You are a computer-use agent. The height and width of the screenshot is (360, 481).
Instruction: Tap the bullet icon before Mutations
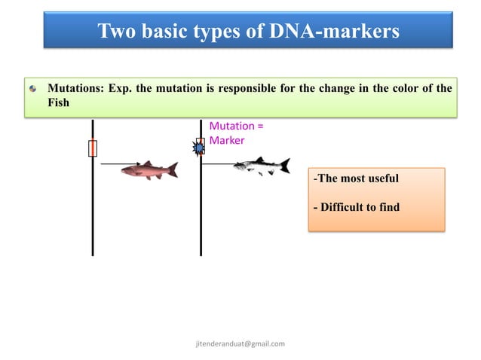click(32, 89)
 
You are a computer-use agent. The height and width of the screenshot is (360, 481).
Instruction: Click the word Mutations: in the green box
click(75, 88)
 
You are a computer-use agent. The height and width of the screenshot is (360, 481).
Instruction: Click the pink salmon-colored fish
click(148, 170)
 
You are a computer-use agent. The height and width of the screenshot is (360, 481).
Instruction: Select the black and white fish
click(260, 166)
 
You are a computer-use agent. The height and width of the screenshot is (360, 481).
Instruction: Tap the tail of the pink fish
click(173, 170)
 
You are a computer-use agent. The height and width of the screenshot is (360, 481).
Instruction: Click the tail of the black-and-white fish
click(285, 165)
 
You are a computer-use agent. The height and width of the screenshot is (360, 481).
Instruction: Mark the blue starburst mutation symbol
click(199, 148)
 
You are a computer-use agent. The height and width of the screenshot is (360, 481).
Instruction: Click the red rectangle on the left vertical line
click(92, 148)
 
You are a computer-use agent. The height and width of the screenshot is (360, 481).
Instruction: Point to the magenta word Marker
click(227, 140)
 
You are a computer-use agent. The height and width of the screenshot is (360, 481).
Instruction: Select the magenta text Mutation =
click(235, 127)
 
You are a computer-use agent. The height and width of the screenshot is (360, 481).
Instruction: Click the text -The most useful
click(356, 178)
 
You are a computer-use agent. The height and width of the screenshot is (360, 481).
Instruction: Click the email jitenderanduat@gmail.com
click(240, 343)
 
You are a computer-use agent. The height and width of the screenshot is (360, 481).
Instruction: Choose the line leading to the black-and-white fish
click(219, 163)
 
